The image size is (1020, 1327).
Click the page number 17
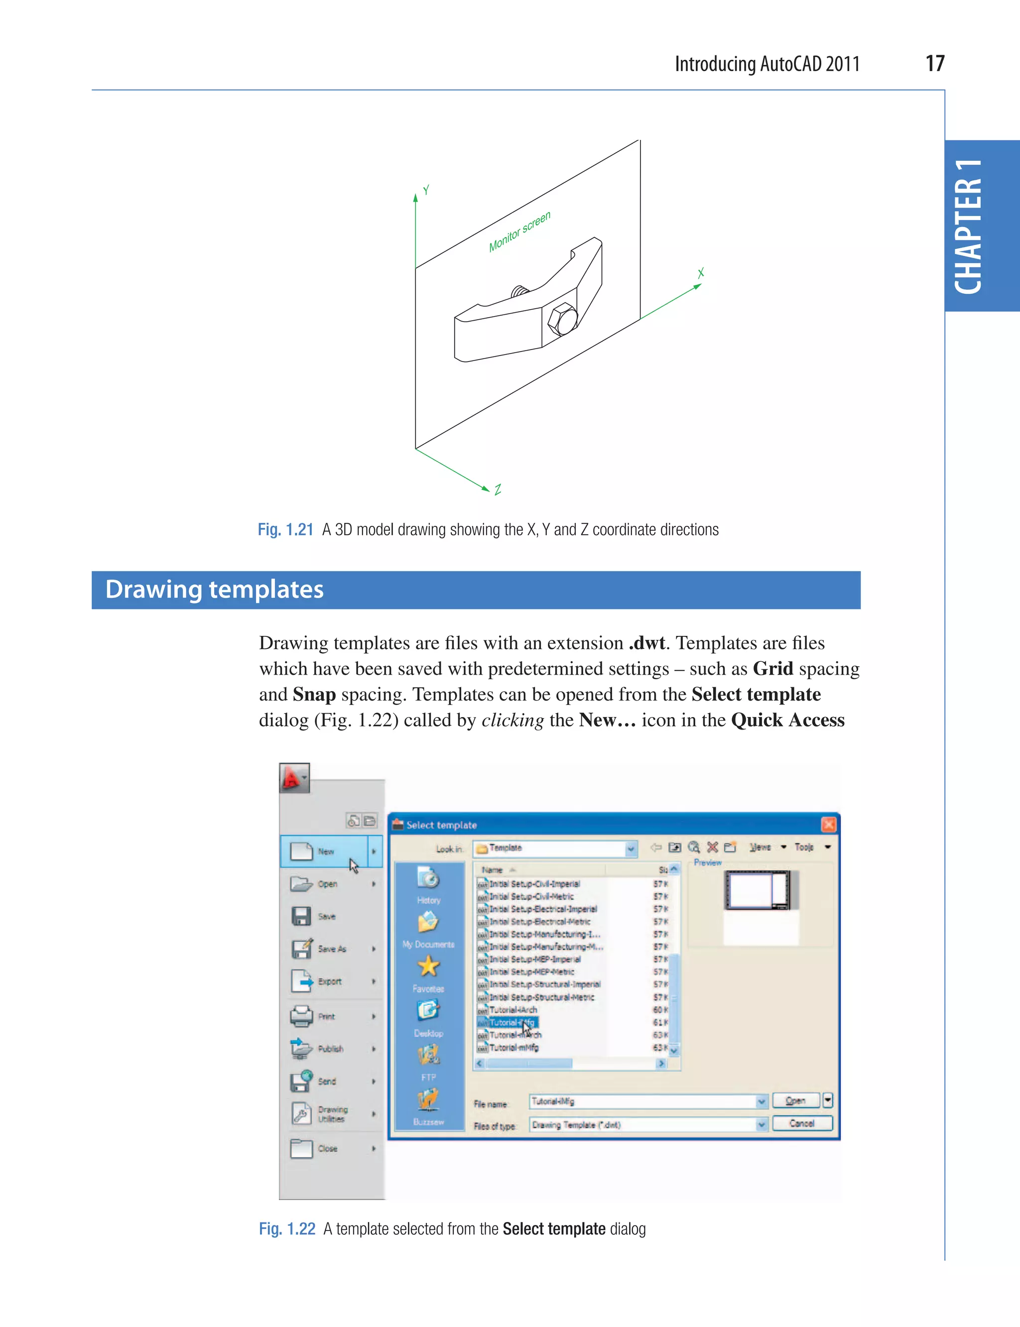pos(934,64)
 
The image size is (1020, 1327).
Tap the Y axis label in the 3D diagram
pos(426,190)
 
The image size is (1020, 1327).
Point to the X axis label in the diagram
pos(701,273)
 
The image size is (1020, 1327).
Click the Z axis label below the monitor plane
pos(498,489)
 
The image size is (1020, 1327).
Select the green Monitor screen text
pos(520,231)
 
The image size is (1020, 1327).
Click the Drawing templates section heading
pos(214,590)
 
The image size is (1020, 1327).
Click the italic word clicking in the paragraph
pos(512,720)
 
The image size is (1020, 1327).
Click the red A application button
pos(294,778)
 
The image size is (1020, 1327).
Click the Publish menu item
pos(330,1048)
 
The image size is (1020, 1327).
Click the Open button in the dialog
pos(795,1100)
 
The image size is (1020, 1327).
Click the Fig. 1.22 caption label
pos(286,1229)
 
